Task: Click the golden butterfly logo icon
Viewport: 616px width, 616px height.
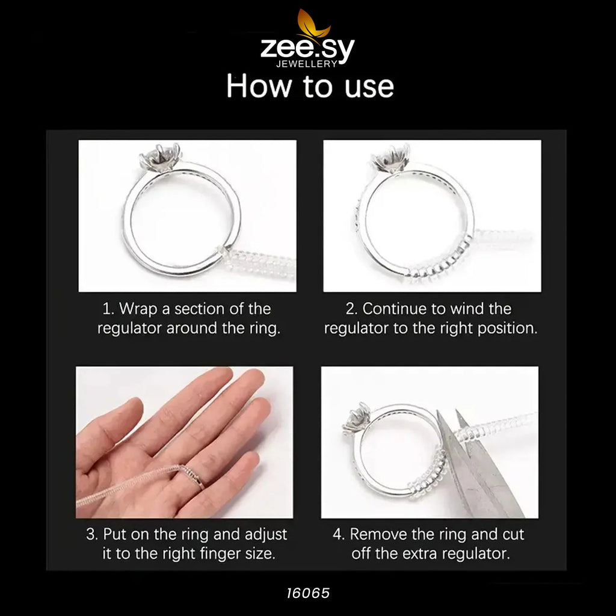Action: tap(313, 24)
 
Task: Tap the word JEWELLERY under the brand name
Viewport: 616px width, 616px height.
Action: tap(307, 63)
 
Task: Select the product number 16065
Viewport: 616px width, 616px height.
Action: tap(307, 593)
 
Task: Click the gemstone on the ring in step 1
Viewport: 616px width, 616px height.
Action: tap(154, 158)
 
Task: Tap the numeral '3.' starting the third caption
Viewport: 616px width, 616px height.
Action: tap(91, 534)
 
